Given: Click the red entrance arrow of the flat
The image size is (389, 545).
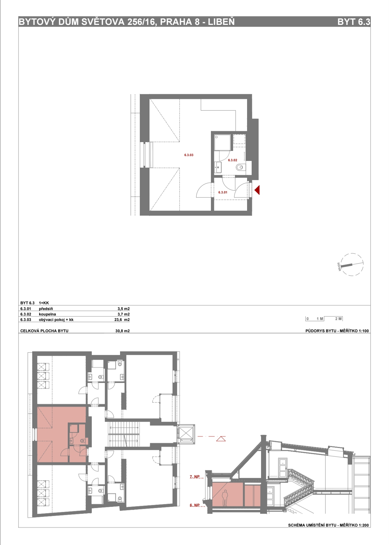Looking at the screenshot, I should [257, 190].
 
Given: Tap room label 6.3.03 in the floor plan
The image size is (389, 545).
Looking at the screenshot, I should [189, 155].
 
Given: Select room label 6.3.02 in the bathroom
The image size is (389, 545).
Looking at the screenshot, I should [232, 160].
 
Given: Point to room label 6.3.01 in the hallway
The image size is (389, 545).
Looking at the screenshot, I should [223, 192].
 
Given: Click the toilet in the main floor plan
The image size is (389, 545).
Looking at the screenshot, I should [240, 167].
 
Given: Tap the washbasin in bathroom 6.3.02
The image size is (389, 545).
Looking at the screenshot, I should [218, 167].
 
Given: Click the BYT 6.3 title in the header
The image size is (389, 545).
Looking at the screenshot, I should [354, 22].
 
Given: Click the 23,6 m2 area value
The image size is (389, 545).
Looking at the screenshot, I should [122, 320].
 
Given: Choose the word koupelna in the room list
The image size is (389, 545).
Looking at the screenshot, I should [47, 314].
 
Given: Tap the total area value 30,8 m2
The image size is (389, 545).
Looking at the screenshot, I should [122, 331].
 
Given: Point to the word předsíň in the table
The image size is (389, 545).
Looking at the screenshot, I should [46, 309].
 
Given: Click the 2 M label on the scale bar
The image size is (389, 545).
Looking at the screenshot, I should [338, 319].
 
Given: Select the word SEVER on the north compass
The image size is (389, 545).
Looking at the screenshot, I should [339, 267].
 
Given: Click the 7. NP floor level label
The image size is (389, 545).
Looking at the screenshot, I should [195, 477].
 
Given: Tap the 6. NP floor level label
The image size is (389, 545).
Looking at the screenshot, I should [195, 505].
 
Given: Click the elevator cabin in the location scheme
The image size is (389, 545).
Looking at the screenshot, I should [186, 433].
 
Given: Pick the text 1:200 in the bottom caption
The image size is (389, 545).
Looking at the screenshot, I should [364, 525].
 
